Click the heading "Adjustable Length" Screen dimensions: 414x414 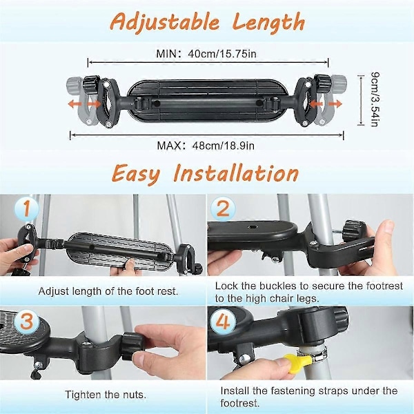point(208,22)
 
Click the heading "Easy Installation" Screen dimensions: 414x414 point(205,173)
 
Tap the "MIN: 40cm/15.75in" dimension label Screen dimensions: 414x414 point(206,54)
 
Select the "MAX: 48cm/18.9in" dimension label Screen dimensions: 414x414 point(206,146)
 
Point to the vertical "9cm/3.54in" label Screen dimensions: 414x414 point(375,99)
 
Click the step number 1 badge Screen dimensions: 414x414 point(27,208)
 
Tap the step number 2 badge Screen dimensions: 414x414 point(223,209)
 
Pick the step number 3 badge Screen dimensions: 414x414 point(27,322)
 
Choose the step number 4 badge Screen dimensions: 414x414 point(223,322)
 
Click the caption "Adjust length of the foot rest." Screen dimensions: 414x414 point(108,291)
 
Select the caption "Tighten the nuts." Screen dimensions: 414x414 point(106,395)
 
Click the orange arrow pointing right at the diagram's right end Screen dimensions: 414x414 point(336,103)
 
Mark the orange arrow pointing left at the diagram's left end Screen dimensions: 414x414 point(75,104)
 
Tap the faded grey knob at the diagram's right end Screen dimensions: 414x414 point(339,82)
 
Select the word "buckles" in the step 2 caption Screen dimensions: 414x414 point(277,286)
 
